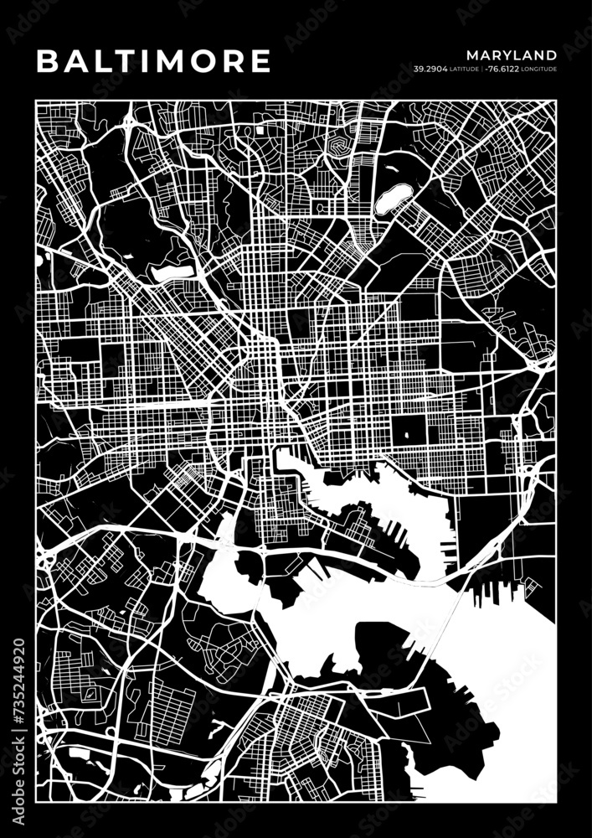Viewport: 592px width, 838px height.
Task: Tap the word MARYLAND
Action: click(512, 55)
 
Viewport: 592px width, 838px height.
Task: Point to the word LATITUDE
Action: click(466, 69)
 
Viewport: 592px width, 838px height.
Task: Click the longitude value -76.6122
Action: click(505, 69)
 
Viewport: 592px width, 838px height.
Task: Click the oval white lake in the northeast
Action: click(390, 199)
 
